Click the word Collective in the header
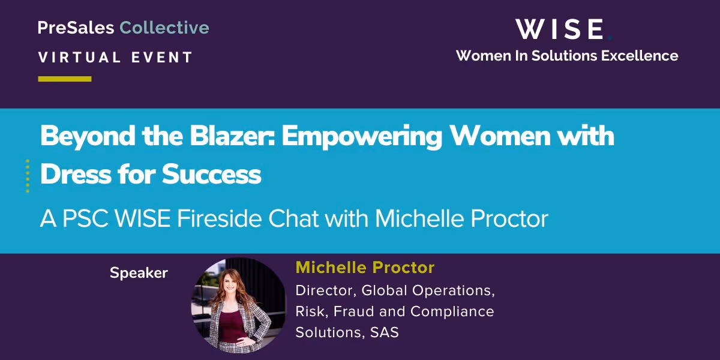coord(164,28)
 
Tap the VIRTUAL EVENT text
coord(115,58)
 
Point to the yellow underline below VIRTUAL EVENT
coord(65,79)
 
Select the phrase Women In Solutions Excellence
coord(566,56)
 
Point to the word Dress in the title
coord(76,174)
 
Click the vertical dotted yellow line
coord(28,176)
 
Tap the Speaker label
coord(139,273)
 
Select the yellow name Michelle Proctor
coord(365,268)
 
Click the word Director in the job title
coord(324,290)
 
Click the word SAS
coord(385,332)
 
